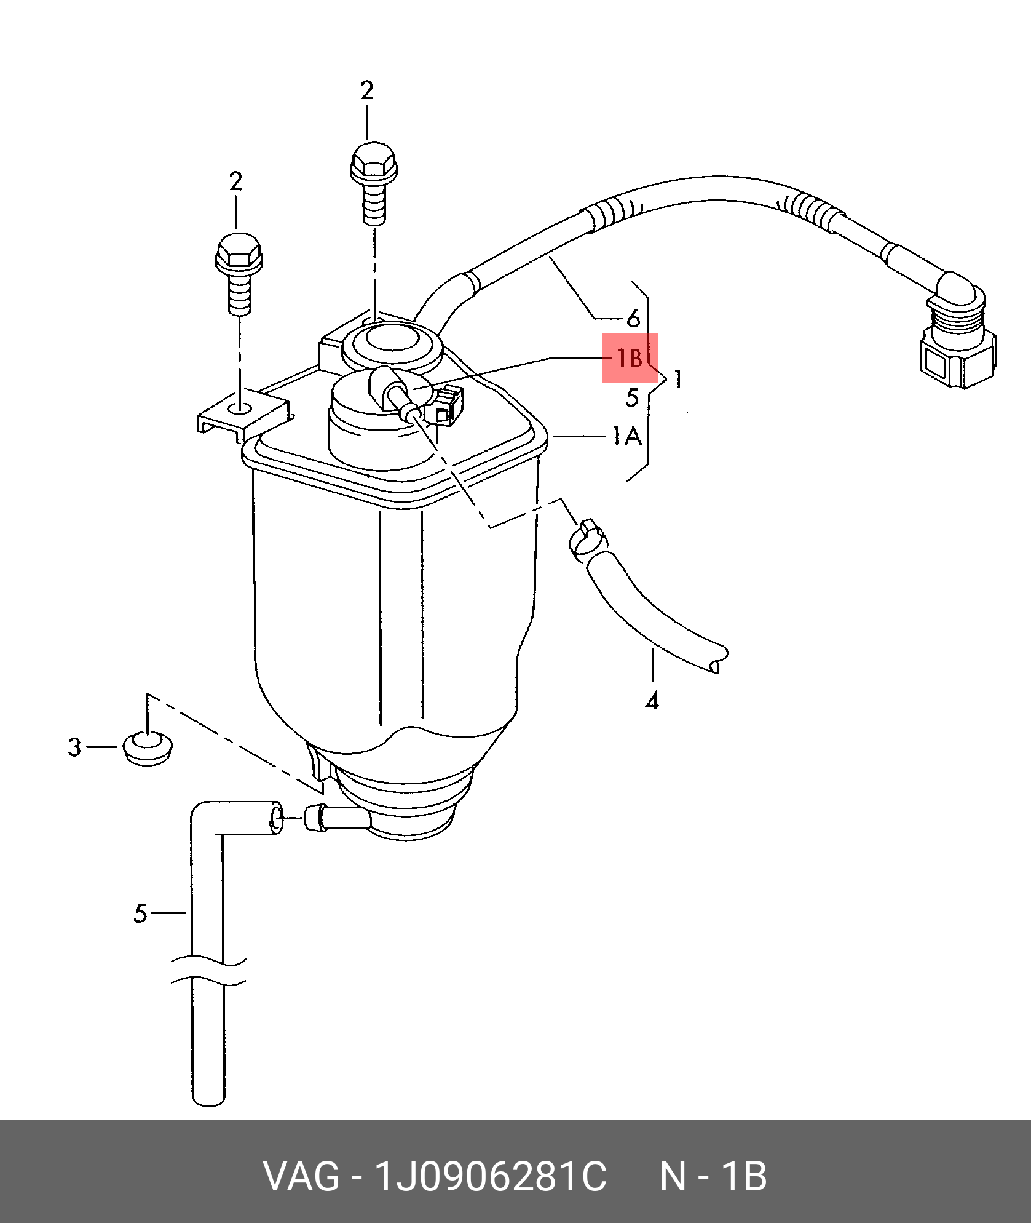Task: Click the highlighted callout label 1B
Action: click(x=630, y=357)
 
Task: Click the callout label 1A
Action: click(x=627, y=436)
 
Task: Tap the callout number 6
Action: click(x=633, y=318)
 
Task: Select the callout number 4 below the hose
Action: click(x=652, y=701)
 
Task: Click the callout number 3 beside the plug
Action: click(x=74, y=747)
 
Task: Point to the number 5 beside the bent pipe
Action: click(x=140, y=914)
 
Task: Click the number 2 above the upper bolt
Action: click(x=367, y=90)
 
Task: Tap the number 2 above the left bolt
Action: click(x=235, y=181)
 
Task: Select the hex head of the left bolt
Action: click(x=239, y=252)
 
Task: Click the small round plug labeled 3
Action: click(x=148, y=748)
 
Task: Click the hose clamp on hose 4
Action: click(x=588, y=539)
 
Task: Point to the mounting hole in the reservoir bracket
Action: click(x=239, y=408)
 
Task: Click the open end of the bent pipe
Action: click(x=277, y=818)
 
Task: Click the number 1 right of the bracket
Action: click(x=677, y=378)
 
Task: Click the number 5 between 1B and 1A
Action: click(x=632, y=397)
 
